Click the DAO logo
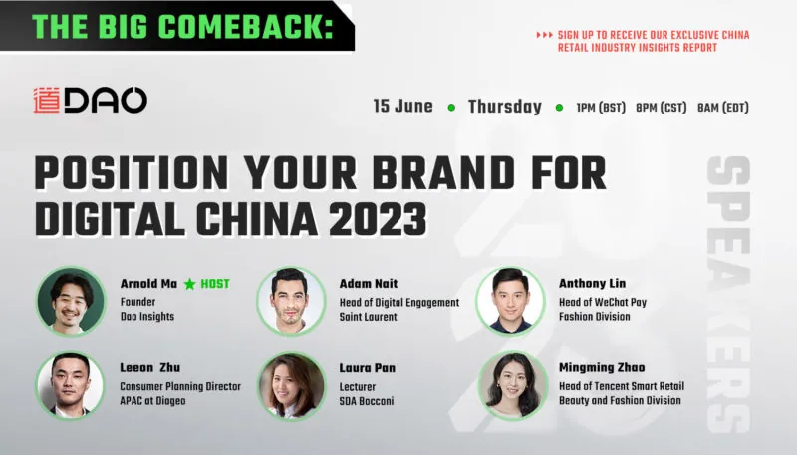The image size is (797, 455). click(x=90, y=100)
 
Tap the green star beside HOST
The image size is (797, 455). click(x=189, y=284)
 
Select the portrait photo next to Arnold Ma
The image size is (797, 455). click(x=71, y=301)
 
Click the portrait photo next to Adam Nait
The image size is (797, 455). click(x=291, y=301)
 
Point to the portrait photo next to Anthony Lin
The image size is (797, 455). click(x=510, y=301)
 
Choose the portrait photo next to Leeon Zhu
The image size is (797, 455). click(x=71, y=385)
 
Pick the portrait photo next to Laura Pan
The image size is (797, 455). click(x=291, y=385)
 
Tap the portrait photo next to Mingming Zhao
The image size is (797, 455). click(x=512, y=385)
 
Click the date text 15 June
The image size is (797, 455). click(x=403, y=107)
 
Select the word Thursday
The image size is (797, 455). click(x=505, y=107)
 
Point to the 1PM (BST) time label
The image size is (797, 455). click(x=601, y=108)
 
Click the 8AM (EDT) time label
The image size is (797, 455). click(x=723, y=108)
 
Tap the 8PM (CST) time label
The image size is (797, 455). click(x=662, y=108)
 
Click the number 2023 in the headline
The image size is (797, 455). click(x=378, y=219)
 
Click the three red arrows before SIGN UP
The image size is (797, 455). click(x=544, y=35)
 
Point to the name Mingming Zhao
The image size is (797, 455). click(x=602, y=368)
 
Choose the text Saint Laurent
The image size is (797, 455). click(x=368, y=317)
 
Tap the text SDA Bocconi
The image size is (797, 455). click(x=367, y=401)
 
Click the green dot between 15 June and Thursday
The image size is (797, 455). click(x=451, y=108)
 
